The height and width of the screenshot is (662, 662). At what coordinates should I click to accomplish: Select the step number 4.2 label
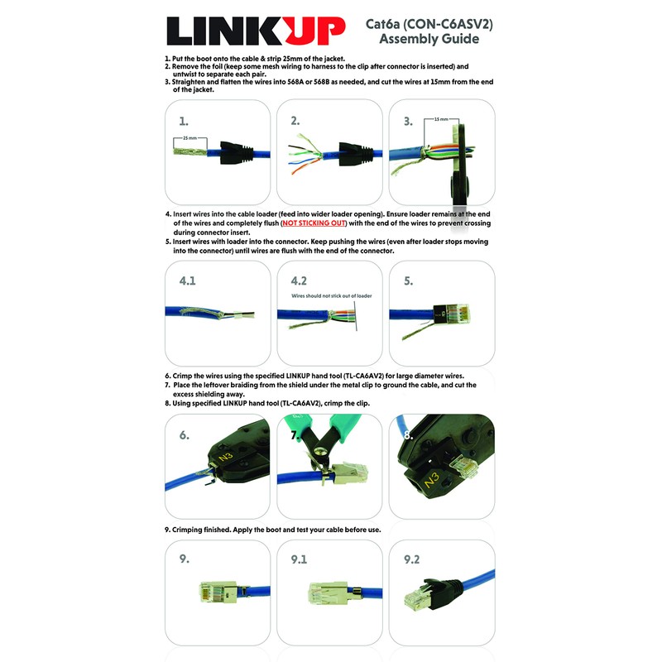pyautogui.click(x=299, y=281)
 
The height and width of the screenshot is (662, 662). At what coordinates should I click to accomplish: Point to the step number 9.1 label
pyautogui.click(x=299, y=559)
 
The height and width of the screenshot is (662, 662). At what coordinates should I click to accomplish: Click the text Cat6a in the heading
pyautogui.click(x=384, y=24)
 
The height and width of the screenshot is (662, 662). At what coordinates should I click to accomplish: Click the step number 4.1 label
pyautogui.click(x=188, y=281)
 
